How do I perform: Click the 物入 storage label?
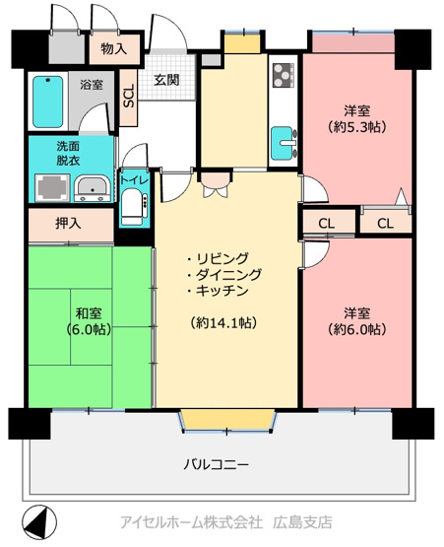pyautogui.click(x=113, y=48)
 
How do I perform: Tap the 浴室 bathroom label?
pyautogui.click(x=92, y=85)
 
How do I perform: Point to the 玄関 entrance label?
pyautogui.click(x=165, y=81)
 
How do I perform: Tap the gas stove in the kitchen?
pyautogui.click(x=283, y=74)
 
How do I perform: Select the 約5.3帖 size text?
pyautogui.click(x=355, y=127)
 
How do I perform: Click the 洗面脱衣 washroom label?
pyautogui.click(x=69, y=153)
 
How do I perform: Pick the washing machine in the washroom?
pyautogui.click(x=49, y=186)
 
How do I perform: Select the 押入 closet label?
pyautogui.click(x=68, y=224)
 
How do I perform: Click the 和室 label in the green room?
pyautogui.click(x=89, y=312)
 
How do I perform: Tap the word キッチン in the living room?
pyautogui.click(x=224, y=293)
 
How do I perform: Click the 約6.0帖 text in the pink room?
pyautogui.click(x=355, y=330)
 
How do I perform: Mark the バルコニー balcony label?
pyautogui.click(x=216, y=463)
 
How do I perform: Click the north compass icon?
pyautogui.click(x=35, y=519)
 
